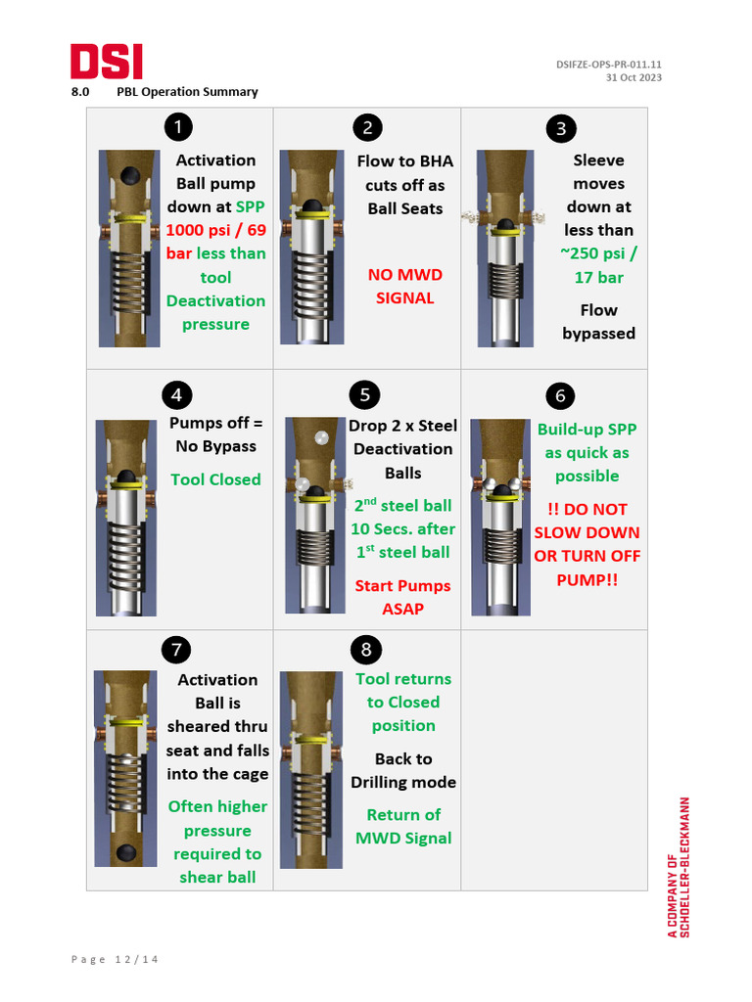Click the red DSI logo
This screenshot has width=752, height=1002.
(x=106, y=62)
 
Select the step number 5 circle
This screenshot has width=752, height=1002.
(x=364, y=394)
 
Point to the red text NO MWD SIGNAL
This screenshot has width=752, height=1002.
(x=404, y=286)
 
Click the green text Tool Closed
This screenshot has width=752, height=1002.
(x=215, y=479)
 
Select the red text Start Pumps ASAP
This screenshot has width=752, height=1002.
(x=402, y=597)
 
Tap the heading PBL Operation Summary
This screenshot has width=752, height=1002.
(x=187, y=92)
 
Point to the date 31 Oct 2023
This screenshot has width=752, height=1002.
(x=634, y=77)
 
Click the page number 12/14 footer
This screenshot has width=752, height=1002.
(x=115, y=959)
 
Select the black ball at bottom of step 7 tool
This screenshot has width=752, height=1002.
(x=126, y=853)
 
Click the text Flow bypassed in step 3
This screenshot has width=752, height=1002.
(x=598, y=322)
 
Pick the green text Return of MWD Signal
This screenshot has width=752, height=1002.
(x=403, y=826)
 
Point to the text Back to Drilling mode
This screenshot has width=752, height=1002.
(x=403, y=770)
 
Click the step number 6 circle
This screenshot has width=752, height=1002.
(x=560, y=395)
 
